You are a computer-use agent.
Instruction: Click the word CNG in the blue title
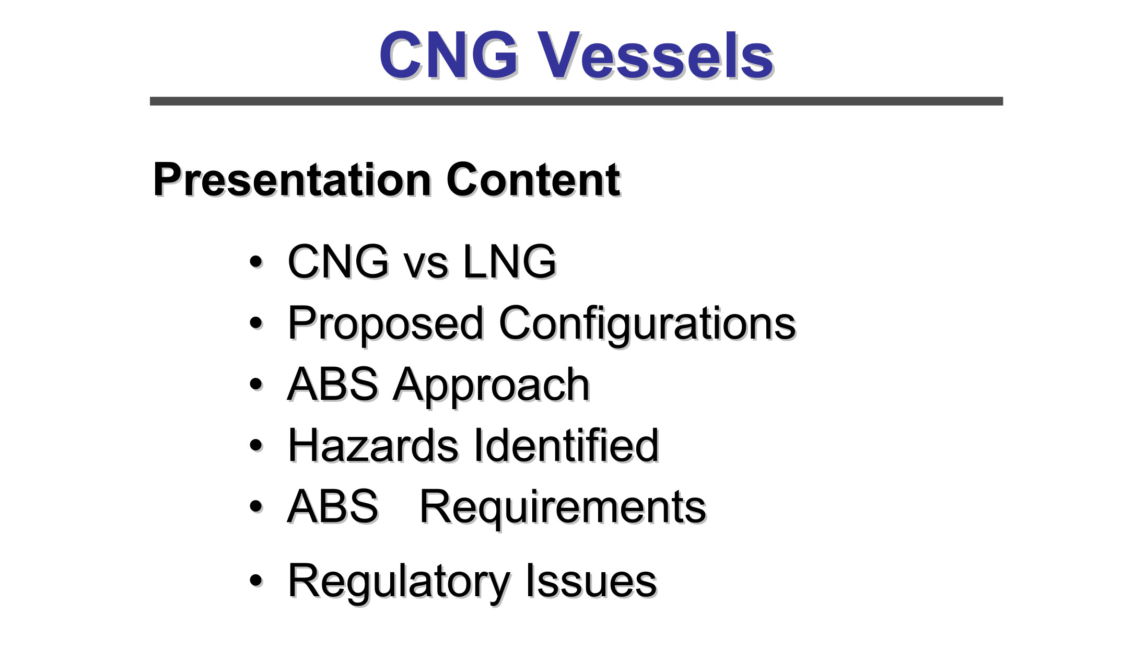[449, 55]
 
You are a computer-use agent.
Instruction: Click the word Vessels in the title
[656, 55]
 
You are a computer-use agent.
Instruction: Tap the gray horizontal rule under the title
[576, 101]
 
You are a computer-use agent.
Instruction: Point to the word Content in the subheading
[533, 180]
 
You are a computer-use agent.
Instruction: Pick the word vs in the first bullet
[426, 265]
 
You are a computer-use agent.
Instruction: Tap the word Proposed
[386, 324]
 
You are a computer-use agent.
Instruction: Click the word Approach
[492, 386]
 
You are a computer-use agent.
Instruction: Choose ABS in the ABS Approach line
[333, 384]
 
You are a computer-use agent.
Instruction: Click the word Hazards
[373, 445]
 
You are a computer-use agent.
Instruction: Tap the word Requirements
[563, 508]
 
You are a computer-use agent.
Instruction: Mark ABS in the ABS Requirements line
[333, 506]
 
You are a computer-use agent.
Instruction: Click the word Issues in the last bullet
[591, 581]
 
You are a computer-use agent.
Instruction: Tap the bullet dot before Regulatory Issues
[256, 580]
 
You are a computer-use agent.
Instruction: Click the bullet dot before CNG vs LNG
[256, 261]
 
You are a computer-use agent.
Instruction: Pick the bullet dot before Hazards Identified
[256, 445]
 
